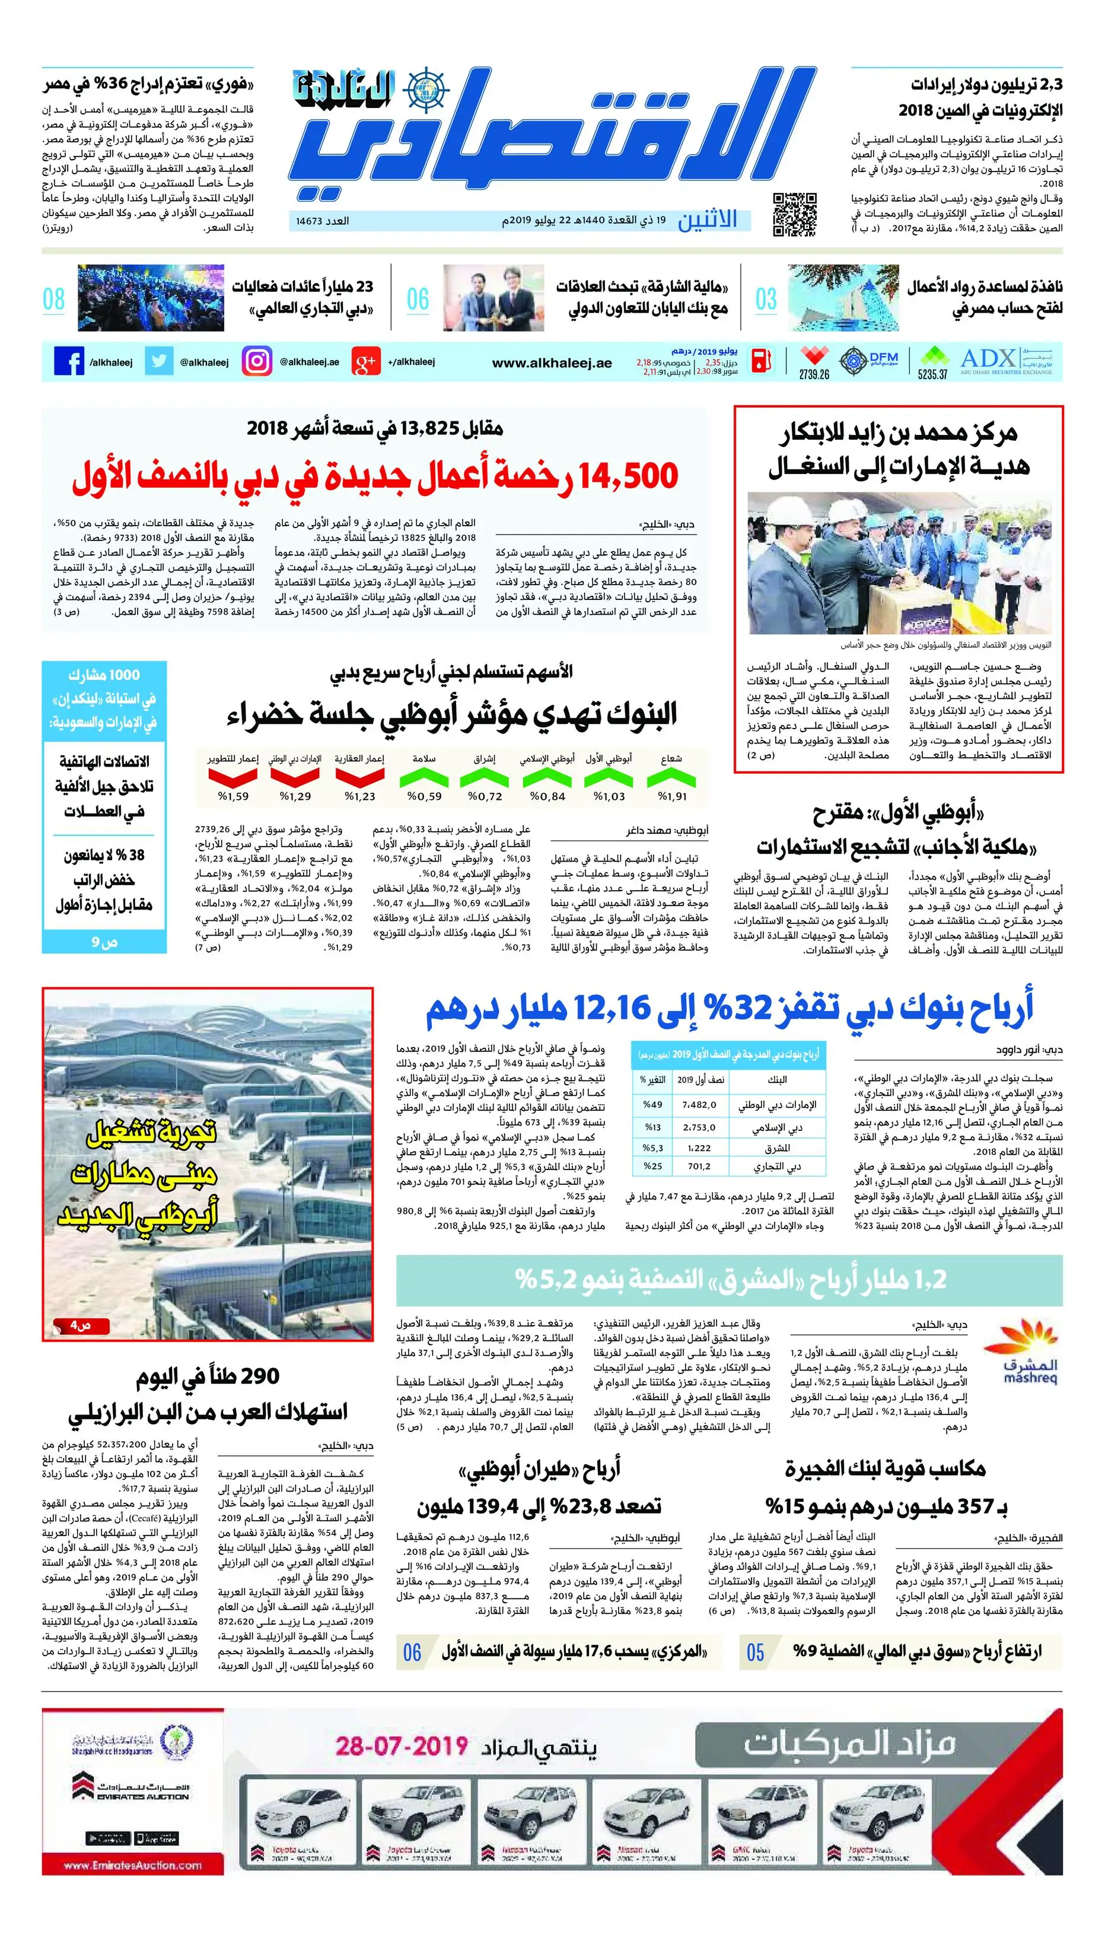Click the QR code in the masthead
[x=795, y=215]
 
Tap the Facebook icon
[x=69, y=361]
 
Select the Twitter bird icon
[x=158, y=361]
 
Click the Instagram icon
[x=256, y=361]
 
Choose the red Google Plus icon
[x=365, y=362]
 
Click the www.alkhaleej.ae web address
[x=552, y=363]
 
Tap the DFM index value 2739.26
[x=814, y=374]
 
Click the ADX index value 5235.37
[x=933, y=374]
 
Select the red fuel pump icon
[x=762, y=361]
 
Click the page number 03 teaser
[x=766, y=299]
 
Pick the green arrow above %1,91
[x=671, y=777]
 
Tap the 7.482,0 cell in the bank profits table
[x=699, y=1105]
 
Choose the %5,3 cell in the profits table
[x=652, y=1148]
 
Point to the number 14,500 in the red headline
[x=628, y=476]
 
